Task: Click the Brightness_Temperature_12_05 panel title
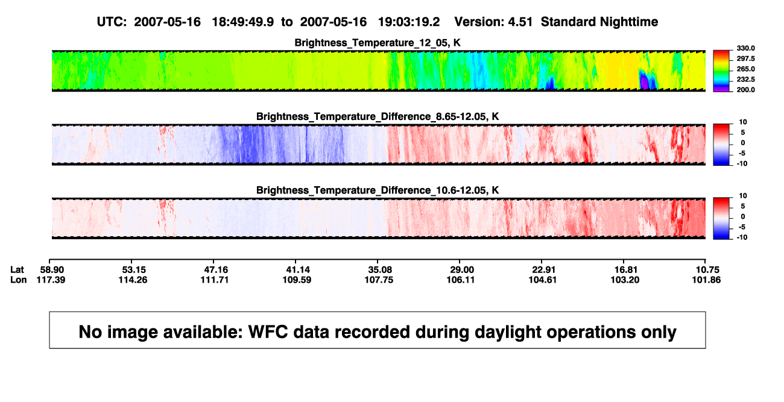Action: coord(378,43)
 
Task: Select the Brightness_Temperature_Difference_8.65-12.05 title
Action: coord(378,116)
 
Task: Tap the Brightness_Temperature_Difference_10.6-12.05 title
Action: coord(378,190)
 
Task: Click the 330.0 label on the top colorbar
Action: coord(745,48)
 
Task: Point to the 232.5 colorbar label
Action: coord(745,80)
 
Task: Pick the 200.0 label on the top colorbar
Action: coord(745,90)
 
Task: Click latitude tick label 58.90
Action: coord(52,270)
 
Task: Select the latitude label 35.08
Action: coord(380,270)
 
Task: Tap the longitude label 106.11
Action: coord(461,280)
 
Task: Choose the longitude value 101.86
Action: coord(706,280)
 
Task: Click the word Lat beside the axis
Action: coord(17,270)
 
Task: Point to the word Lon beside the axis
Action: coord(18,280)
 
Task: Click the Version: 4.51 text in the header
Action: coord(493,22)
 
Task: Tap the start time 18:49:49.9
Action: coord(243,22)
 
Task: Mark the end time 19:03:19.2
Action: coord(409,22)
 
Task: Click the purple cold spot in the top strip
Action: coord(644,82)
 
